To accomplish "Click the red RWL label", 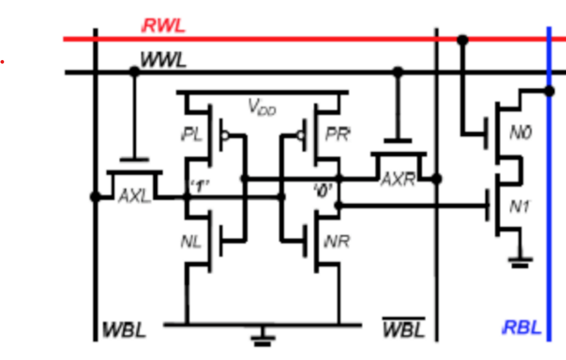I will click(x=164, y=26).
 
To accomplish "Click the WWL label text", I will click(x=163, y=61).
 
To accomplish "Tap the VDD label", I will click(x=262, y=107).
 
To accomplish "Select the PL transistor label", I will click(x=192, y=134).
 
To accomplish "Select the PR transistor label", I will click(x=338, y=134).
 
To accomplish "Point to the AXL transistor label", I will click(x=134, y=196).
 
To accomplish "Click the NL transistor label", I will click(x=191, y=241).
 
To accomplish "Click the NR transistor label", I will click(x=337, y=241).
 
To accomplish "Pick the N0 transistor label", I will click(x=520, y=132).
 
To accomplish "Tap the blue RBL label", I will click(x=522, y=327).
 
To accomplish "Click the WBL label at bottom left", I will click(x=125, y=329).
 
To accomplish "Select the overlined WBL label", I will click(x=403, y=329).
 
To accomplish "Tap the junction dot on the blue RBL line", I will click(x=549, y=91).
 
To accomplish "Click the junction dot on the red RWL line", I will click(x=462, y=40).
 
